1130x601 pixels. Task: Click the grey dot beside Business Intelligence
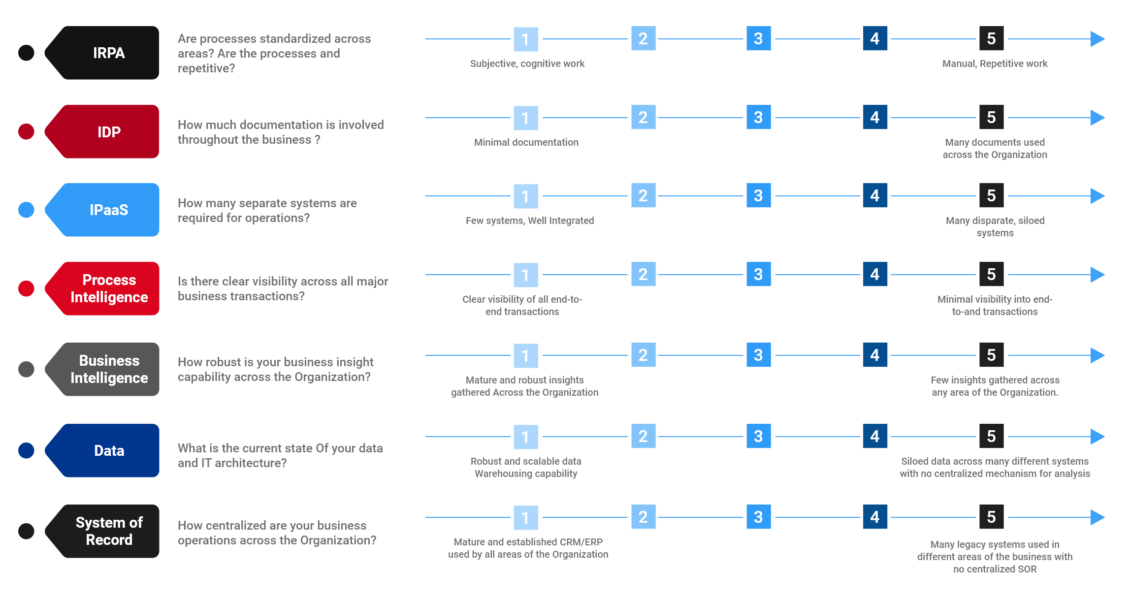pyautogui.click(x=26, y=369)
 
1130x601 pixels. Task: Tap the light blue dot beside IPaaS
pyautogui.click(x=26, y=210)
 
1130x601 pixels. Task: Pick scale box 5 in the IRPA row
pyautogui.click(x=992, y=38)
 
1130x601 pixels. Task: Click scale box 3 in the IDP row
pyautogui.click(x=759, y=117)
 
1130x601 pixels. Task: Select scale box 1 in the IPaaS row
pyautogui.click(x=526, y=196)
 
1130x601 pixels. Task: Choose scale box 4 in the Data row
pyautogui.click(x=875, y=436)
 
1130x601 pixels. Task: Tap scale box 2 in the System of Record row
pyautogui.click(x=644, y=517)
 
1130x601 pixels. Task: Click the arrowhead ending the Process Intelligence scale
pyautogui.click(x=1098, y=275)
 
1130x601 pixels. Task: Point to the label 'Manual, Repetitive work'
pyautogui.click(x=995, y=63)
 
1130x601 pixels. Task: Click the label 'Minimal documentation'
pyautogui.click(x=526, y=142)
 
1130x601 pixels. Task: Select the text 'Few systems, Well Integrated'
pyautogui.click(x=530, y=221)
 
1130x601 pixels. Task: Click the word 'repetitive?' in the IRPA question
pyautogui.click(x=206, y=68)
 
